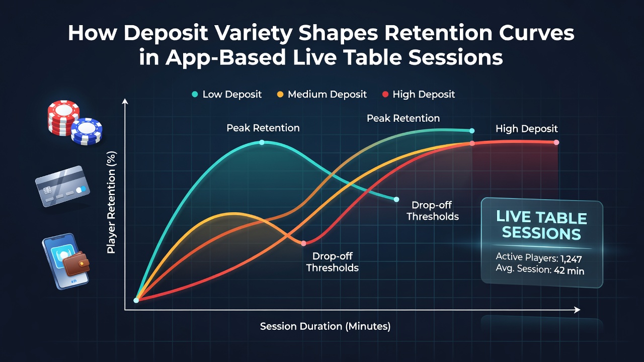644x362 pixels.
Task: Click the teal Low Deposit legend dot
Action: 195,94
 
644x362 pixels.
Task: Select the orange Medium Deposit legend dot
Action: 280,94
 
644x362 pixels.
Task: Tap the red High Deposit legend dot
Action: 385,94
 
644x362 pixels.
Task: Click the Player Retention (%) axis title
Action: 111,203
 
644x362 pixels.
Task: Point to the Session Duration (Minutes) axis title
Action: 325,326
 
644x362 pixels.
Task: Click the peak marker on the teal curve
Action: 262,142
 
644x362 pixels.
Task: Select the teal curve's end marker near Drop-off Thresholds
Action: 396,200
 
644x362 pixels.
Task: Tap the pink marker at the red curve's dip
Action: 303,243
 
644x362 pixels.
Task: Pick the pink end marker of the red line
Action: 556,142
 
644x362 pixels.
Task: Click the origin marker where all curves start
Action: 136,300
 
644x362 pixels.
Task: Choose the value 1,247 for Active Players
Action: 571,259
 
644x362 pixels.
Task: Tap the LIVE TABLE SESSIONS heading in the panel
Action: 542,226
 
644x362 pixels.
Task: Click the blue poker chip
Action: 87,131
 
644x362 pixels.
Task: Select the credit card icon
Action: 62,186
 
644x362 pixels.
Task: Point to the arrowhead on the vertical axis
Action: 125,101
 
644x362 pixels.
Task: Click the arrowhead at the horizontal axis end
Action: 577,310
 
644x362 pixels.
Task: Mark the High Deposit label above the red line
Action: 527,129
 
